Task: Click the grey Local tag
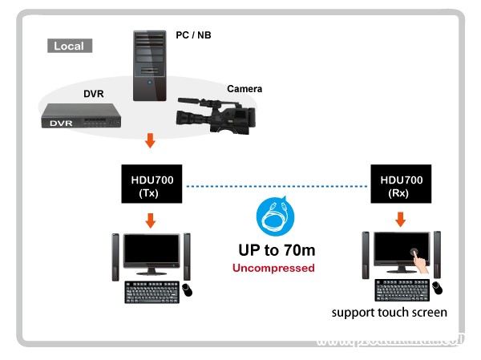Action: pyautogui.click(x=69, y=46)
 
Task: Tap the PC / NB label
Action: pyautogui.click(x=192, y=35)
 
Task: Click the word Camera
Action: pyautogui.click(x=245, y=89)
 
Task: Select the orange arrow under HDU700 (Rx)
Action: pyautogui.click(x=401, y=219)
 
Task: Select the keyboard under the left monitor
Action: pyautogui.click(x=151, y=291)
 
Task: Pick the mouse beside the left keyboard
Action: pyautogui.click(x=188, y=289)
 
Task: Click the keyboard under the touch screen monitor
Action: pyautogui.click(x=401, y=289)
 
